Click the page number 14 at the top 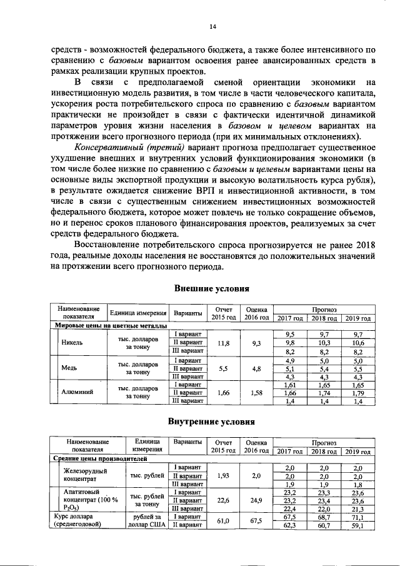click(212, 26)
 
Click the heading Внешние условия click(211, 288)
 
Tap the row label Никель click(72, 343)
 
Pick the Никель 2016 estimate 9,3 click(257, 343)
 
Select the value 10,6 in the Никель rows click(357, 343)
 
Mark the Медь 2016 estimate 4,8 click(257, 368)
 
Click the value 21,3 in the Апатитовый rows click(357, 509)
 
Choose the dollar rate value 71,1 click(357, 517)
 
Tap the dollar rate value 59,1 click(357, 525)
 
